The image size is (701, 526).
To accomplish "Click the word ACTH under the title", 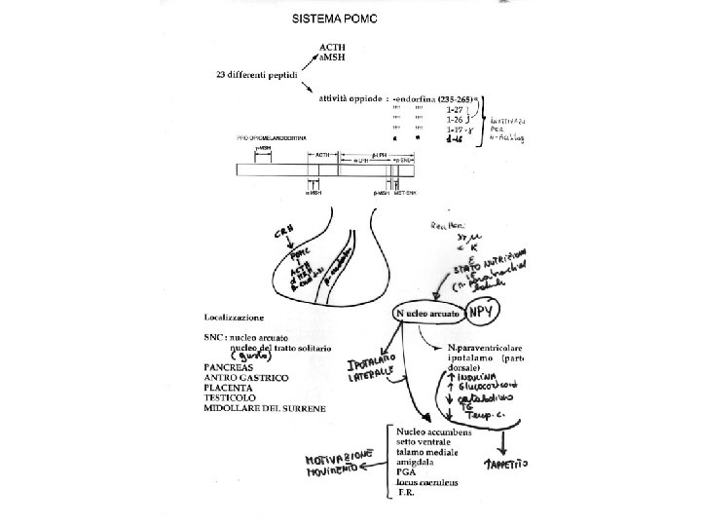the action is point(333,47).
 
